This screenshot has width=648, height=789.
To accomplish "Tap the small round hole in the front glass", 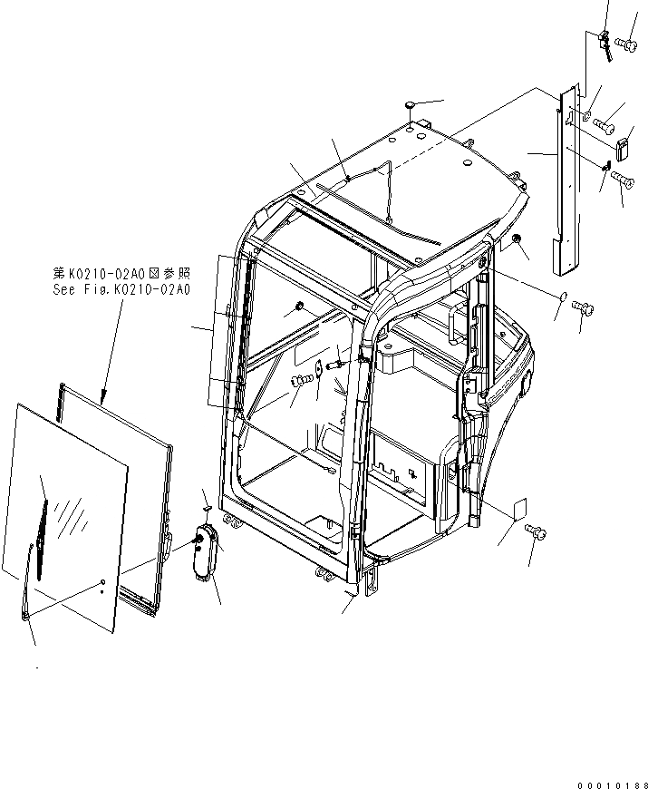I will click(x=103, y=580).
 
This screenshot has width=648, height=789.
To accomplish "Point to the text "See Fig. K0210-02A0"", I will click(x=121, y=289).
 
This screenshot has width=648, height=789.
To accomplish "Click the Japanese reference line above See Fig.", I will click(x=121, y=273).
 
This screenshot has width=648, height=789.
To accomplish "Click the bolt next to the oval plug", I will click(x=584, y=308).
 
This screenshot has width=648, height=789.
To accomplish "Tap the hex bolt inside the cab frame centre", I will click(x=298, y=384).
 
